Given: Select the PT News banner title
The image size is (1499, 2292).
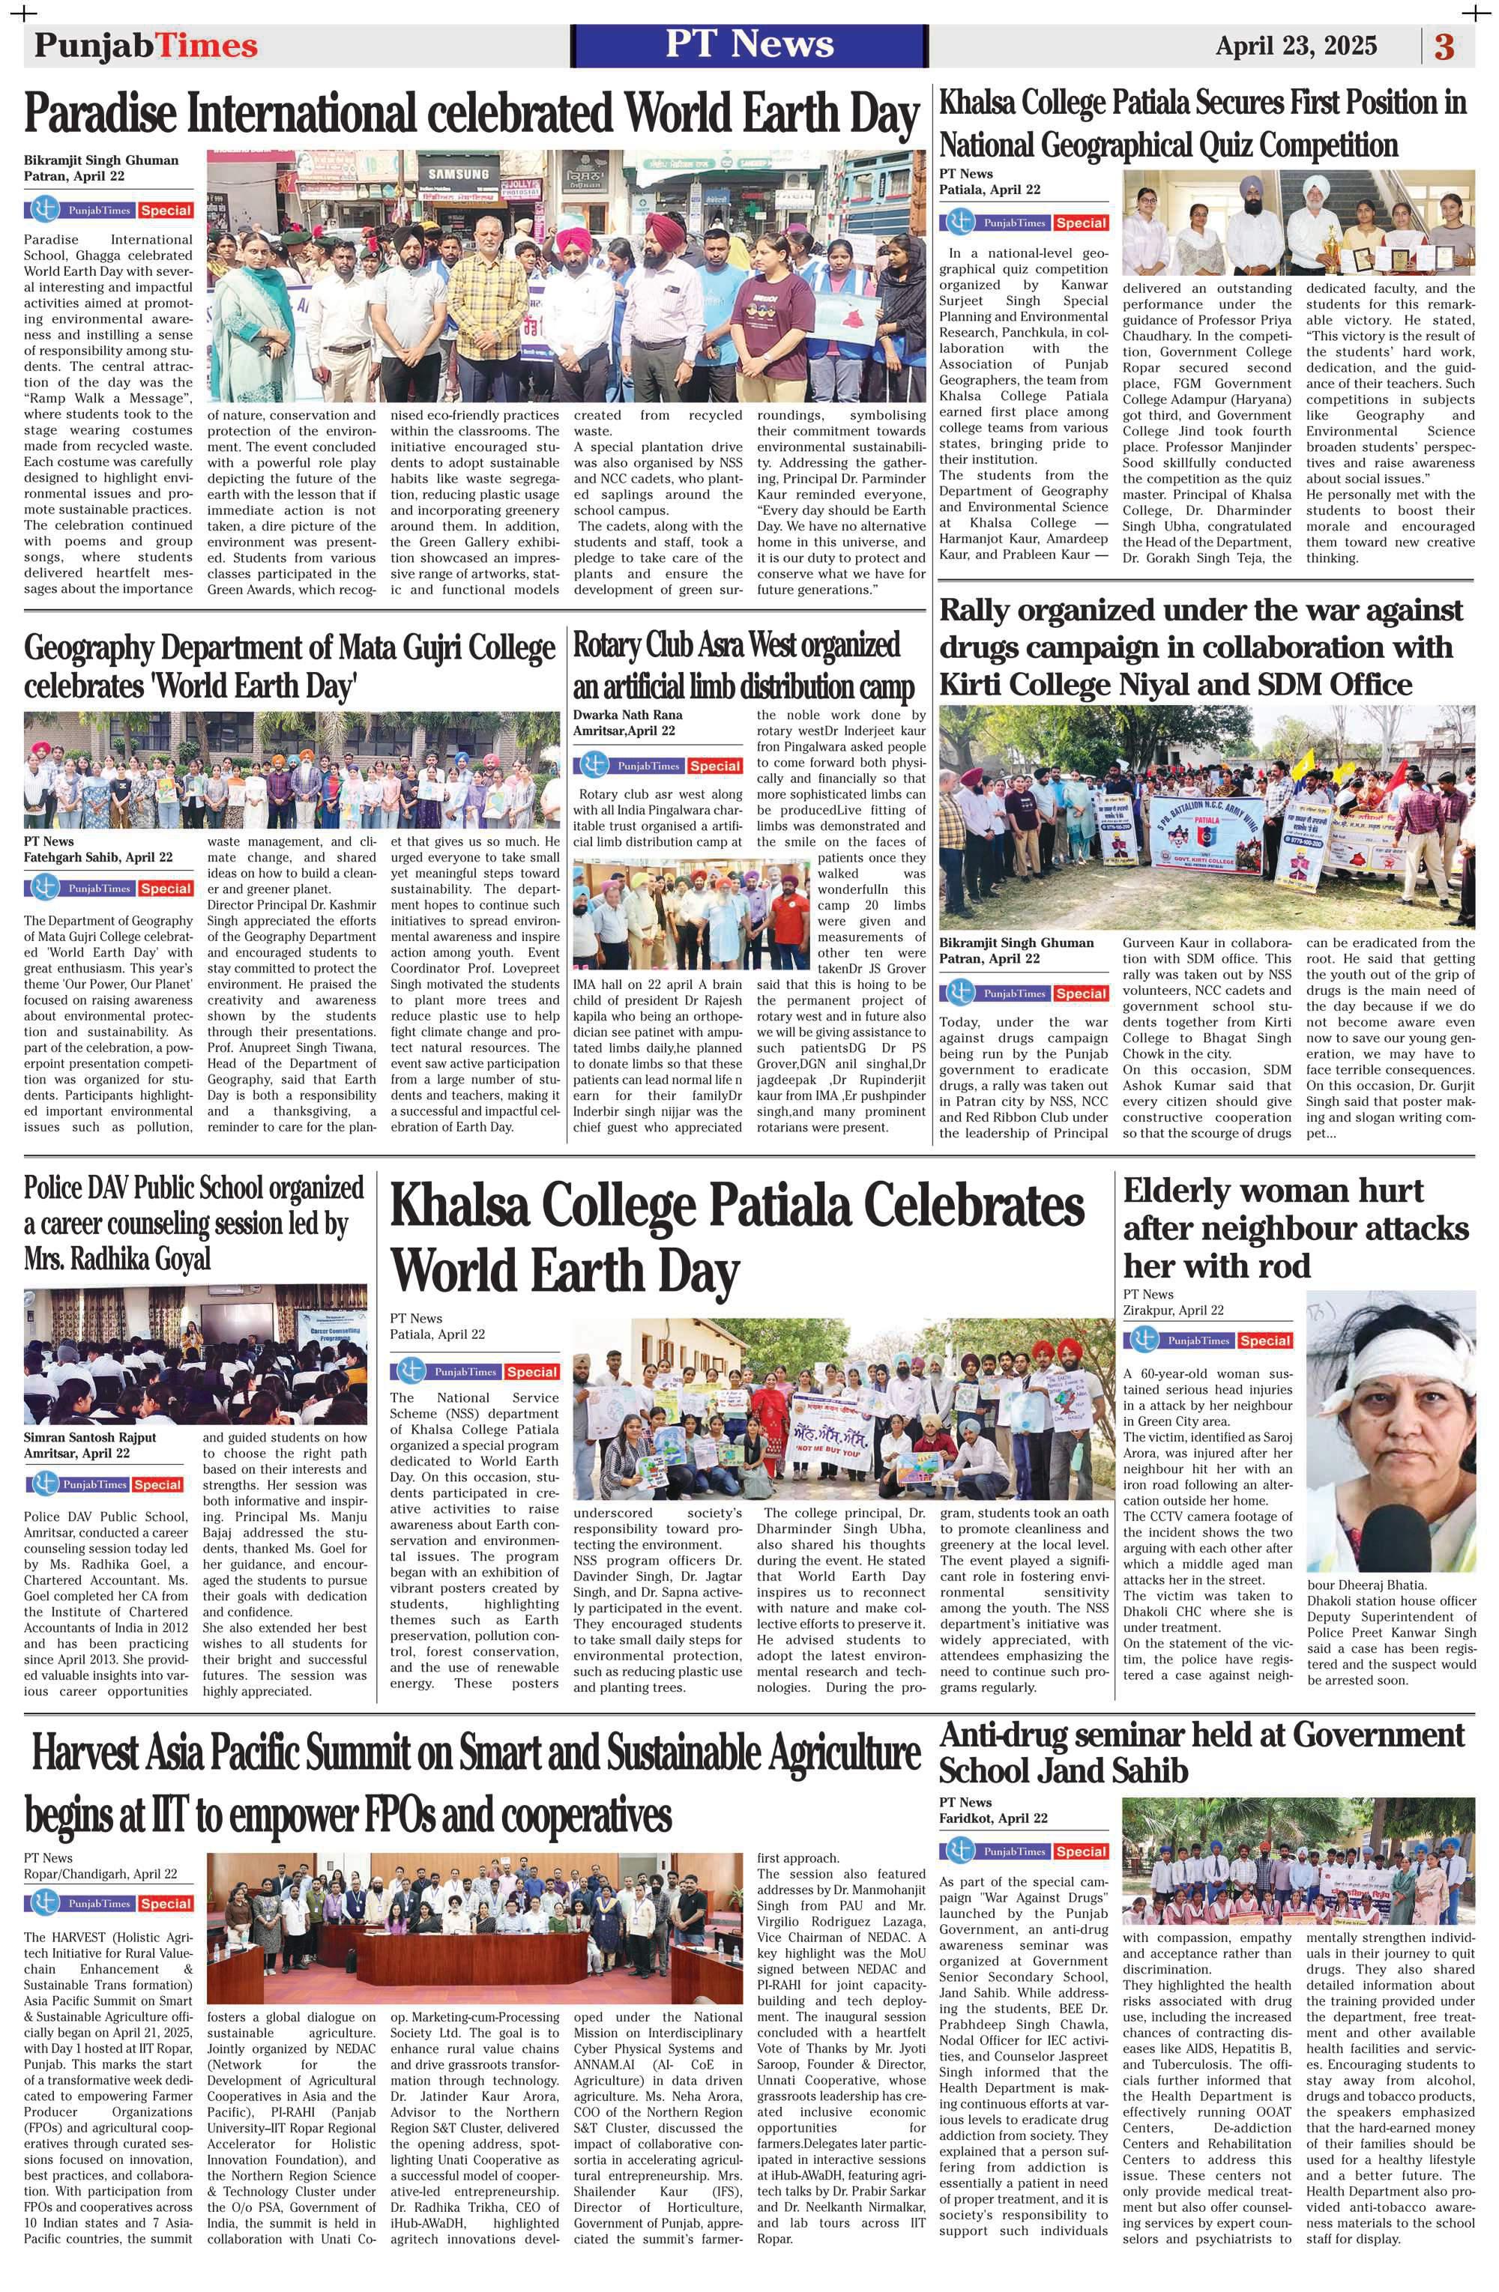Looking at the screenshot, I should click(749, 44).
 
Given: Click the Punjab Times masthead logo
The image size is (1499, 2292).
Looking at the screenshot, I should click(145, 45).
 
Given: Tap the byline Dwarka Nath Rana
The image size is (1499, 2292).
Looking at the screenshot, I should click(627, 715).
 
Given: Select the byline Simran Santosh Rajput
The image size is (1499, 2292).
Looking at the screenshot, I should click(90, 1438).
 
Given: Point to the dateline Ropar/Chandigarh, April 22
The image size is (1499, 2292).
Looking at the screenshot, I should click(100, 1874).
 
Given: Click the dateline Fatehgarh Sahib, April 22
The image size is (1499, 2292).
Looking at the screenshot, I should click(98, 857).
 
